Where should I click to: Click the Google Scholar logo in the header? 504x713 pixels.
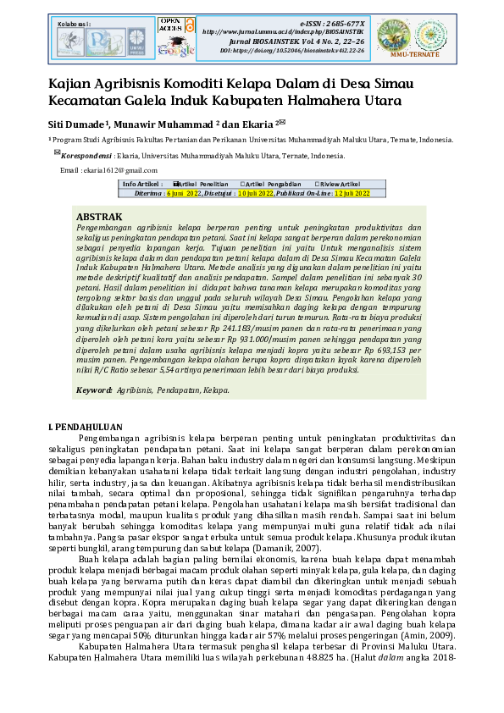coord(175,50)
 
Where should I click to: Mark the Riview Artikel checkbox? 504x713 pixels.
coord(317,184)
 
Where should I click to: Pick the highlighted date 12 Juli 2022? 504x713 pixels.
coord(352,193)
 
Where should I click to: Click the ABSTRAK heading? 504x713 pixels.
coord(99,218)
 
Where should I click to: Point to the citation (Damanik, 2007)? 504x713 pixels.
coord(259,548)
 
